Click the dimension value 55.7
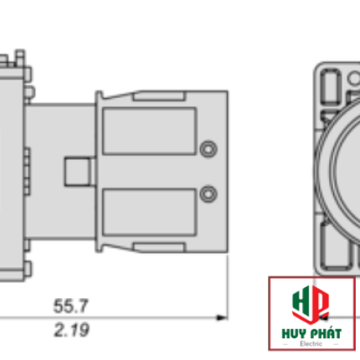point(71,306)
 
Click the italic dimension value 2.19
point(72,330)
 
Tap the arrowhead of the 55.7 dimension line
point(222,317)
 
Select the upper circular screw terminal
point(208,149)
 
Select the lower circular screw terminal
point(208,193)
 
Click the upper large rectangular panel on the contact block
point(149,131)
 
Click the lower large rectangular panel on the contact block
point(149,213)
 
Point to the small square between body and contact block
point(77,172)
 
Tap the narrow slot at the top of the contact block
point(159,96)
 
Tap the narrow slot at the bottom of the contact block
point(159,248)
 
